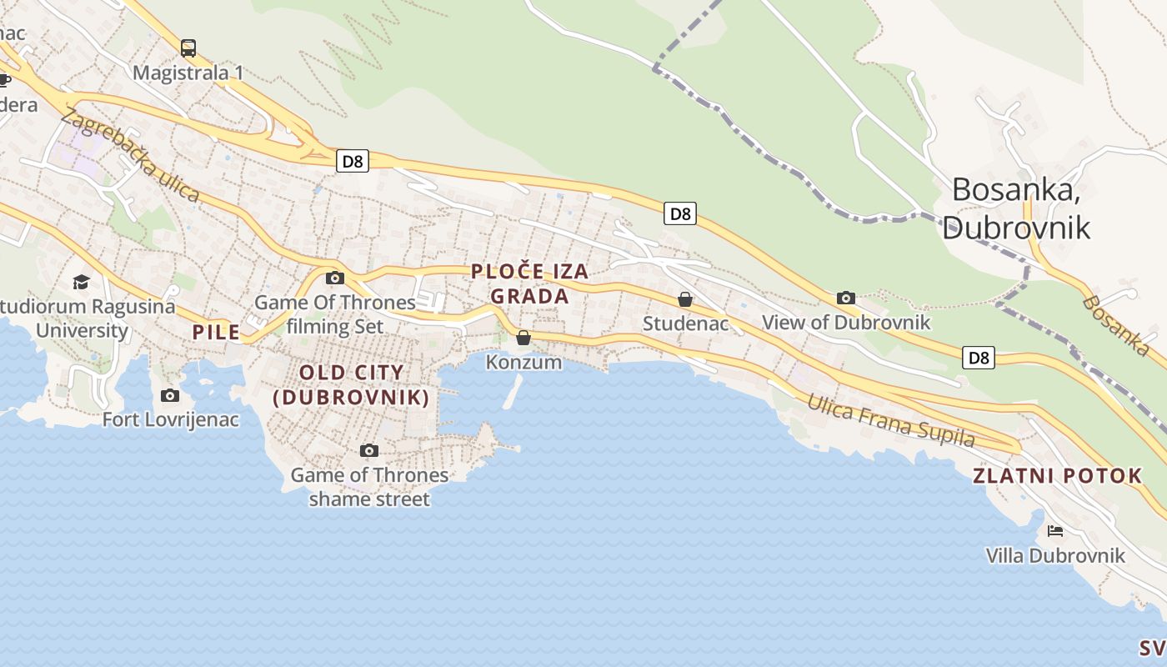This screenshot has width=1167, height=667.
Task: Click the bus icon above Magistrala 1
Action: click(x=188, y=48)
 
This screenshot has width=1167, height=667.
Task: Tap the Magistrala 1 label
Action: click(x=188, y=73)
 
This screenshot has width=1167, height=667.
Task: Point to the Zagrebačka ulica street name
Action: click(x=131, y=156)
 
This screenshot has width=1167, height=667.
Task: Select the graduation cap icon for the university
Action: click(x=81, y=282)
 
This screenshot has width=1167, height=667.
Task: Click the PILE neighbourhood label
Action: click(x=216, y=332)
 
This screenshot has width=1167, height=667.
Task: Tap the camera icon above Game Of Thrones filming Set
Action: click(x=335, y=278)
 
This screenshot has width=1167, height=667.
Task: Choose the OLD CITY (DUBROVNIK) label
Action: click(x=351, y=385)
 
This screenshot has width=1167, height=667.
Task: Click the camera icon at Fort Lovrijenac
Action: click(x=170, y=395)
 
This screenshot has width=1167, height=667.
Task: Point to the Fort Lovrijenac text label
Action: click(x=170, y=419)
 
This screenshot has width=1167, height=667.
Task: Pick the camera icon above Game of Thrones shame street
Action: click(x=369, y=451)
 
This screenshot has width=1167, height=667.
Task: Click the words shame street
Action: click(x=369, y=499)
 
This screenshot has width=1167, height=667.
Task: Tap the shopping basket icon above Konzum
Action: click(x=523, y=338)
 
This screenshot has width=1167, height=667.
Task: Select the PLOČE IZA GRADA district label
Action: click(x=530, y=283)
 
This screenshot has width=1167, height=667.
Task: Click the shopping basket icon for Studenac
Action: click(x=685, y=299)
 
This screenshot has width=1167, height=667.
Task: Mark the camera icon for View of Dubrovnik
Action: click(x=846, y=298)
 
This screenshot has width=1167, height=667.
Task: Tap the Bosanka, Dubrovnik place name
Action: click(x=1016, y=208)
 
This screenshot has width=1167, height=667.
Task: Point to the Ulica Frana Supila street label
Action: click(x=890, y=420)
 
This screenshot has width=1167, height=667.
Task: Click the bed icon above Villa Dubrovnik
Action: click(x=1055, y=530)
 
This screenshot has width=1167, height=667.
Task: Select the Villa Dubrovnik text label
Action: click(x=1055, y=555)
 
